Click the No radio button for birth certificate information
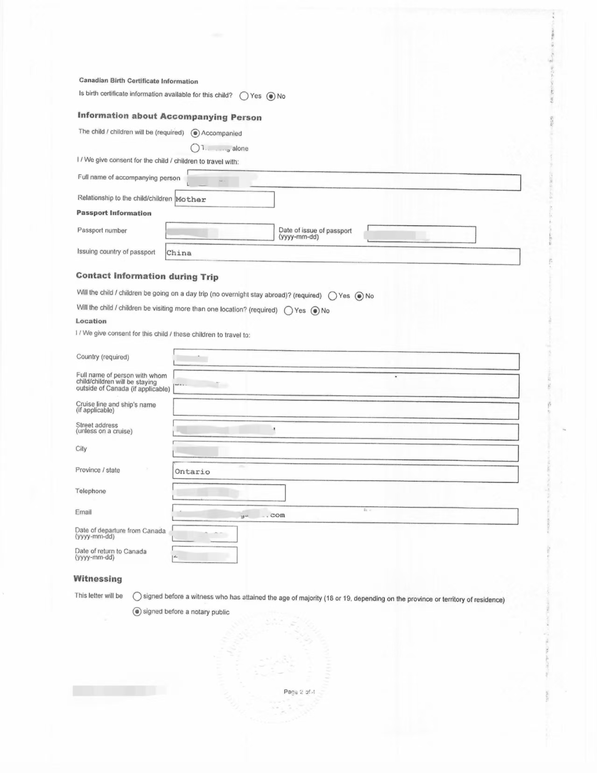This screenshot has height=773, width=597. tap(271, 96)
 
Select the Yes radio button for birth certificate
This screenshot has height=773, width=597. tap(244, 96)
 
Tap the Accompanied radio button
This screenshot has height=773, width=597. tap(195, 133)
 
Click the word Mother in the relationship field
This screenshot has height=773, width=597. tap(190, 199)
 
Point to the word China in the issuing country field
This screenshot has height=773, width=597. tap(179, 253)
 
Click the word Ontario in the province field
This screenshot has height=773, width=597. tap(192, 471)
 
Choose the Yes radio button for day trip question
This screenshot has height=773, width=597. tap(332, 296)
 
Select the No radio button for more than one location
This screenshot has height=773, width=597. tap(315, 311)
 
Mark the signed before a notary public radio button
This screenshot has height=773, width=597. tap(137, 611)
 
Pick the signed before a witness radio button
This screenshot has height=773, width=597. tap(137, 596)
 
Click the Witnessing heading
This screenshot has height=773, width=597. tap(98, 579)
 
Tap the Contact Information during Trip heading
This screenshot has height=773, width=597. tap(147, 276)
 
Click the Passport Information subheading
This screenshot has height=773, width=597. tap(114, 213)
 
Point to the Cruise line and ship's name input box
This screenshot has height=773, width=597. tap(345, 409)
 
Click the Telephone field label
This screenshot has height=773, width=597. tap(91, 491)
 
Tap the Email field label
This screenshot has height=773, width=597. tap(83, 512)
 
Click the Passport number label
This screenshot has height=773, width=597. tap(102, 231)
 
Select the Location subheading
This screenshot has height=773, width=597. tap(91, 321)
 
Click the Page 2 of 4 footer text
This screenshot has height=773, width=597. tap(299, 692)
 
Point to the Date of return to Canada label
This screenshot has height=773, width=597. tap(111, 554)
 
